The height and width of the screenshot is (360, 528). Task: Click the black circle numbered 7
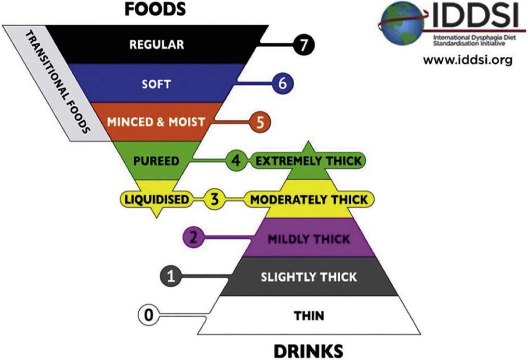pyautogui.click(x=303, y=45)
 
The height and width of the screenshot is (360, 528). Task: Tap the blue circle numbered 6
pyautogui.click(x=282, y=84)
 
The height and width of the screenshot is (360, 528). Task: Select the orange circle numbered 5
pyautogui.click(x=260, y=122)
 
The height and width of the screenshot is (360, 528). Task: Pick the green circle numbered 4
pyautogui.click(x=236, y=160)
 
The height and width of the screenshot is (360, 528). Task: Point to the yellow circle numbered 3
pyautogui.click(x=214, y=199)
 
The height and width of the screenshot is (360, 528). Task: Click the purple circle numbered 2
pyautogui.click(x=193, y=237)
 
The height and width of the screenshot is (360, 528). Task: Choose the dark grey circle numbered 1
pyautogui.click(x=170, y=276)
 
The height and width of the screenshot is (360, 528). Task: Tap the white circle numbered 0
pyautogui.click(x=149, y=315)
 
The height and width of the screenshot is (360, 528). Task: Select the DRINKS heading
pyautogui.click(x=309, y=351)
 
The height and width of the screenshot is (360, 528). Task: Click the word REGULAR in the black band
pyautogui.click(x=156, y=45)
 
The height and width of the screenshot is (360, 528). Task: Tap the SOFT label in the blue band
pyautogui.click(x=156, y=84)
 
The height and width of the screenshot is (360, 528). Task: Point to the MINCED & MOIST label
pyautogui.click(x=156, y=122)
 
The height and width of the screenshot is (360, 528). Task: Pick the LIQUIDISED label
pyautogui.click(x=156, y=199)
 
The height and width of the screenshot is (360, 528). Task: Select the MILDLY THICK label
pyautogui.click(x=309, y=239)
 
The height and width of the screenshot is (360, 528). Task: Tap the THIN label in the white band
pyautogui.click(x=309, y=316)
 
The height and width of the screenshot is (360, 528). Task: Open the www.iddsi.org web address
pyautogui.click(x=468, y=60)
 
